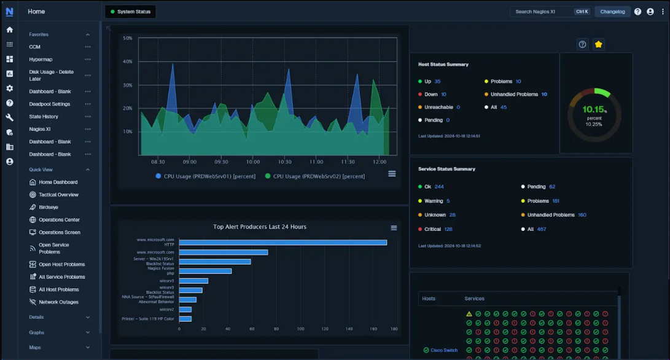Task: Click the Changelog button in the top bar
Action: coord(612,12)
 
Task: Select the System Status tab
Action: coord(130,12)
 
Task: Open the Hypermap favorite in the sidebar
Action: coord(41,60)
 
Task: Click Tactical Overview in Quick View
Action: coord(58,195)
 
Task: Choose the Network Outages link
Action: coord(58,302)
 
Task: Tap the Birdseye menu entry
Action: coord(49,207)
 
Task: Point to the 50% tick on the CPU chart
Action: coord(128,38)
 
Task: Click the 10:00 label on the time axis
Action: coord(253,162)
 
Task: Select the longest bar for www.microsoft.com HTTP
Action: coord(282,243)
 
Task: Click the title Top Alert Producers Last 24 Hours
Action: coord(259,227)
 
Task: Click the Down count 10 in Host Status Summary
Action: coord(443,95)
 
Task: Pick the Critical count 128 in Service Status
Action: coord(448,229)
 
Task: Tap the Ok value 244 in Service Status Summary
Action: coord(438,187)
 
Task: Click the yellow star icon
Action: coord(598,44)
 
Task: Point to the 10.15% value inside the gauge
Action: coord(593,109)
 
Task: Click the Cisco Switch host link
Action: coord(444,350)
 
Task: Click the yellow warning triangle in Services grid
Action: coord(469,314)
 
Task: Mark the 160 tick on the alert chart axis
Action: coord(373,329)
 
